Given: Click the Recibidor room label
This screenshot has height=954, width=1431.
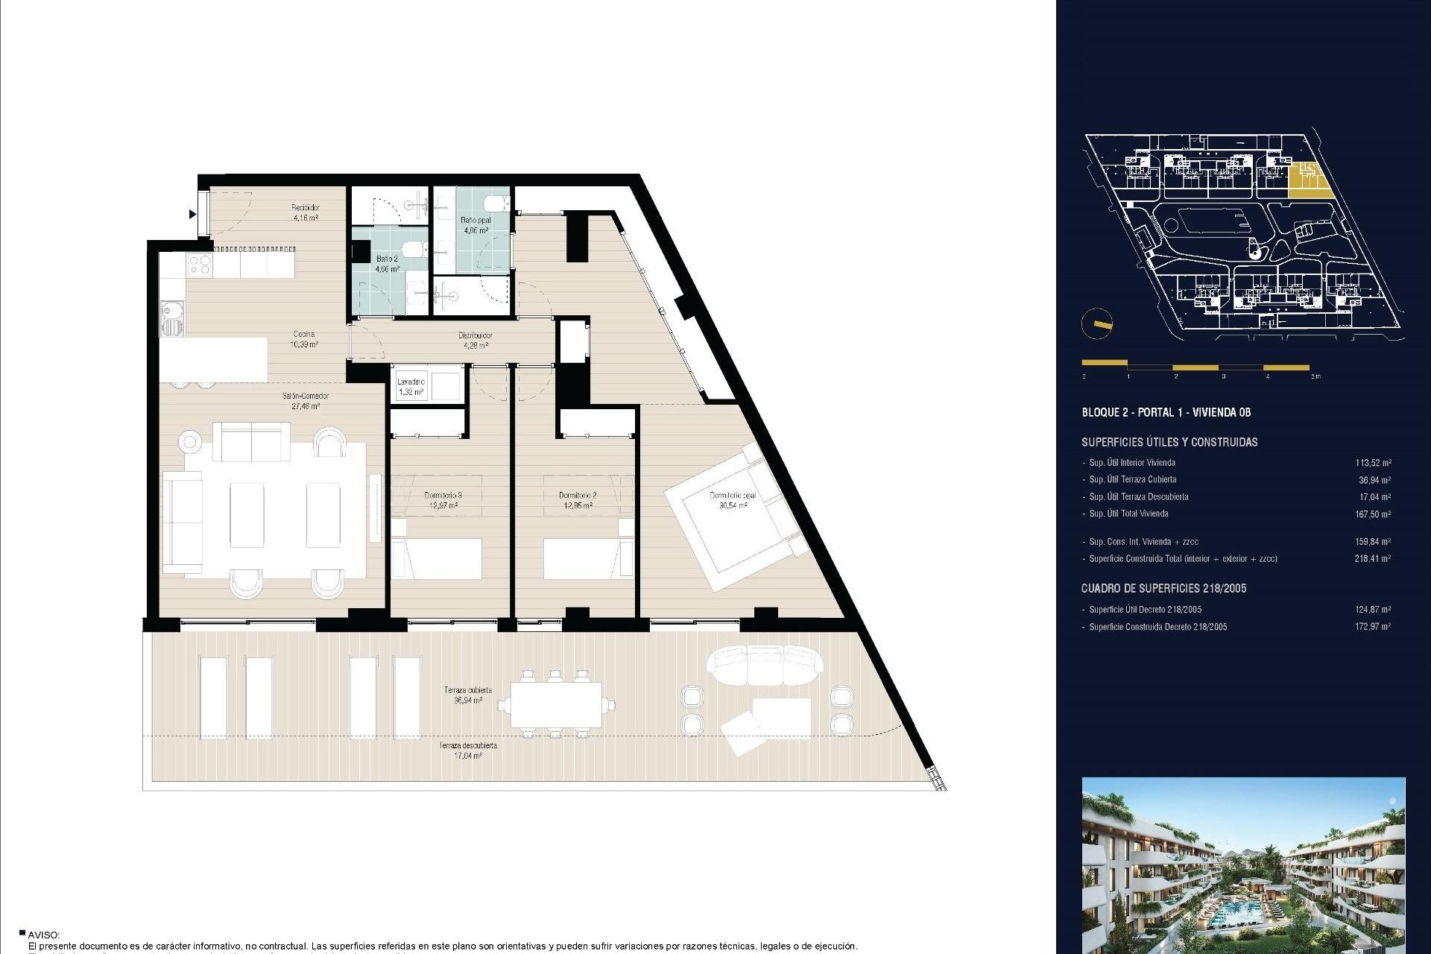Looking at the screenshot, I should click(x=306, y=208).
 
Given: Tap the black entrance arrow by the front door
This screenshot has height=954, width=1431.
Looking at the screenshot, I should click(x=192, y=215).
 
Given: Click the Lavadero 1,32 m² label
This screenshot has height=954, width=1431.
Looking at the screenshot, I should click(x=411, y=387).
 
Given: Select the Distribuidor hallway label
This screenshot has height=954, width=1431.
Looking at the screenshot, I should click(x=475, y=335).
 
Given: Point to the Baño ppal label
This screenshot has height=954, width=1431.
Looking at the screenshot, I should click(x=476, y=221).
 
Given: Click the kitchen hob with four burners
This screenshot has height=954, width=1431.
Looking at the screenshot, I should click(x=199, y=264).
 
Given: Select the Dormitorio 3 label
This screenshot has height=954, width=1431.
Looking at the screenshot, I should click(x=443, y=495).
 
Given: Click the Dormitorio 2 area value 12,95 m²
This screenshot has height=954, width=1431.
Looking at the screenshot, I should click(x=578, y=505).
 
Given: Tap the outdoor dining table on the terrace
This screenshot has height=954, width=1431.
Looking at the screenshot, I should click(x=556, y=704).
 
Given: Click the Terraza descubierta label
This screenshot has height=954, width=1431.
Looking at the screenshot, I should click(x=467, y=745).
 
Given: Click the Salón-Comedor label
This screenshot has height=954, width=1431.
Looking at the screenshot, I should click(x=306, y=396).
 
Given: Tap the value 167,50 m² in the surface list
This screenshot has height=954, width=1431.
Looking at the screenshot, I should click(x=1372, y=514).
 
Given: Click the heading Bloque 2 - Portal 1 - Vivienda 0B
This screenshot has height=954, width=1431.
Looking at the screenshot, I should click(x=1166, y=412).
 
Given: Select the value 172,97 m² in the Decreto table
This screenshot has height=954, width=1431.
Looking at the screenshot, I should click(x=1372, y=627).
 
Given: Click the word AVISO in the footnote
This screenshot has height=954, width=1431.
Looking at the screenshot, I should click(x=44, y=935).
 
